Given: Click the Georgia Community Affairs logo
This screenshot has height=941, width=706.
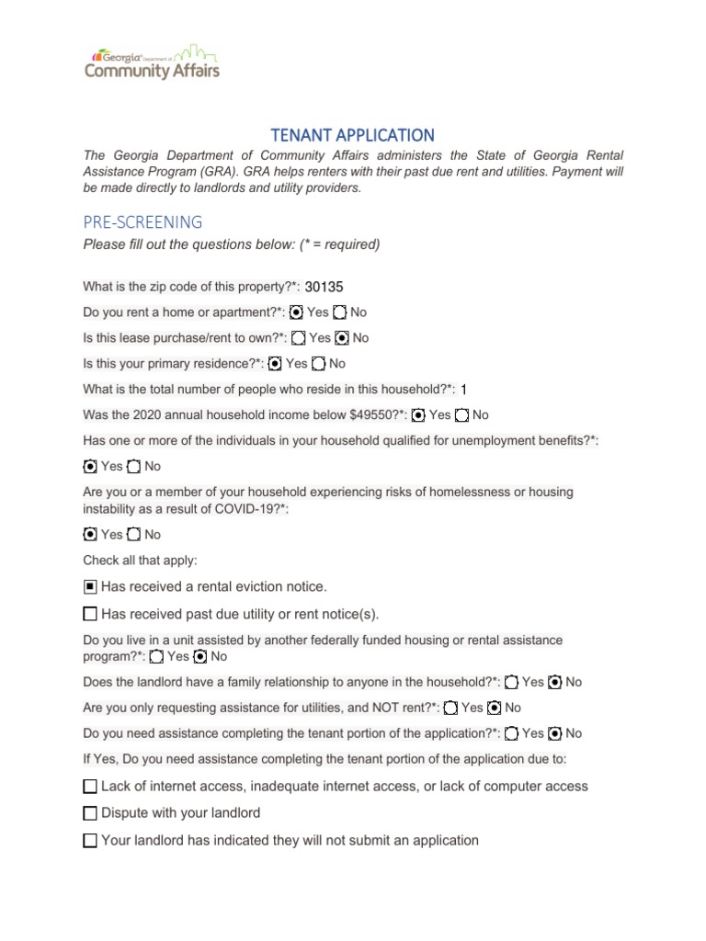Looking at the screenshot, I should [152, 62].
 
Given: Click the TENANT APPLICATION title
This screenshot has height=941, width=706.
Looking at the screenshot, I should [353, 135].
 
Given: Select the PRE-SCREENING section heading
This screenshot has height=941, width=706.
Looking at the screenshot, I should [142, 221].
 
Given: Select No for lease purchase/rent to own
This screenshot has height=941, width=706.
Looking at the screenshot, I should [342, 338].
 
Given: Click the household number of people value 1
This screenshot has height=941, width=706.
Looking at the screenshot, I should [464, 390].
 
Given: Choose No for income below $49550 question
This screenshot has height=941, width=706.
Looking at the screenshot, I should [462, 415].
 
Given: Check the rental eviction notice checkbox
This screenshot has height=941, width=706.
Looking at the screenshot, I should [90, 586].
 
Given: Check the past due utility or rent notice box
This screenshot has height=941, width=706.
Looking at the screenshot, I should [90, 614].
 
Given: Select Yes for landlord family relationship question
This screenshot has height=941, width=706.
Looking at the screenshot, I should [512, 682].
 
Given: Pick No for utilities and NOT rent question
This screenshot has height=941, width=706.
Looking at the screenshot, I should [495, 708].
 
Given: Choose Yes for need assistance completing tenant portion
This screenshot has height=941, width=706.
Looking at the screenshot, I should [512, 733].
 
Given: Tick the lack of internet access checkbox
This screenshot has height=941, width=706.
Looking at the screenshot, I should [90, 787].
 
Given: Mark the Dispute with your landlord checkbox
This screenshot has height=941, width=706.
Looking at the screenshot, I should [90, 813].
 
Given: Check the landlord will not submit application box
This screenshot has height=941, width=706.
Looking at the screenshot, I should [90, 840].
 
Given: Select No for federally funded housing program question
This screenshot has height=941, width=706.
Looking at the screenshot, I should [199, 656].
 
